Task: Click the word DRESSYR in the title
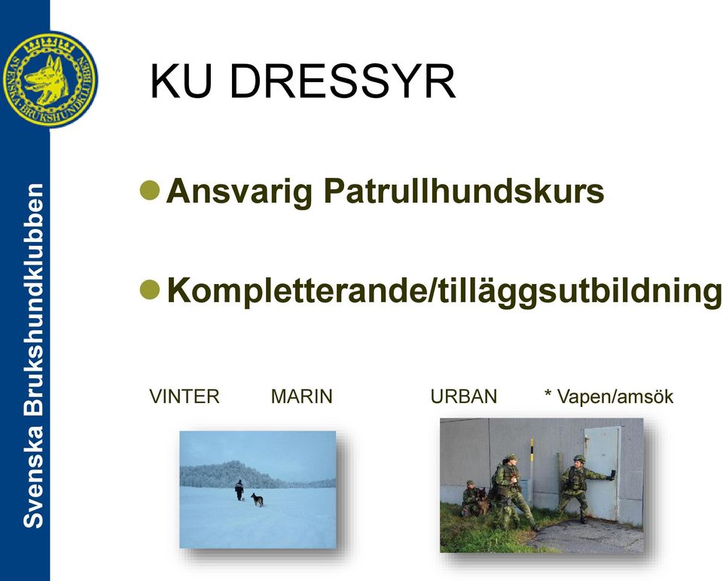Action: (x=343, y=81)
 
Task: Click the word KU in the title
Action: (x=181, y=81)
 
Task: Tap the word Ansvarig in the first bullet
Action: (x=239, y=191)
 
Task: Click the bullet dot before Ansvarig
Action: (x=150, y=190)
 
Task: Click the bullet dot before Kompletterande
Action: (x=150, y=290)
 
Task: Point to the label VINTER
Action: (x=185, y=396)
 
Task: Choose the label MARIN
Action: (x=301, y=396)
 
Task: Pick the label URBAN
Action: (x=464, y=396)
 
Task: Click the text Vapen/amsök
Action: (x=615, y=396)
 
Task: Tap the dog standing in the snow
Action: (x=258, y=500)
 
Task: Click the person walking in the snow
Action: (x=239, y=490)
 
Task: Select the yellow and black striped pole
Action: (x=532, y=471)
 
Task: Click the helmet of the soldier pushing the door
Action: (x=579, y=458)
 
